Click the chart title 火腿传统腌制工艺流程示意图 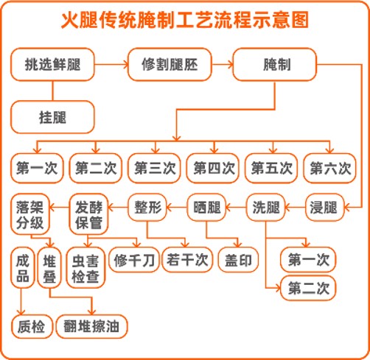[x=185, y=20]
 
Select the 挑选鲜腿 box [x=52, y=65]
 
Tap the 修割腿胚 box [x=170, y=65]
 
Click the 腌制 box [x=274, y=65]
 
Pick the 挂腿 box [x=52, y=117]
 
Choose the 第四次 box [x=213, y=168]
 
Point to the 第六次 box [x=329, y=168]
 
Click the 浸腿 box [x=324, y=208]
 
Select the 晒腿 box [x=206, y=208]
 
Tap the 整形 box [x=147, y=208]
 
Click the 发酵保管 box [x=88, y=214]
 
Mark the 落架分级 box [x=30, y=214]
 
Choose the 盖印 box [x=238, y=260]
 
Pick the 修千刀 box [x=134, y=260]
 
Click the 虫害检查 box [x=85, y=267]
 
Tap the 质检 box [x=32, y=326]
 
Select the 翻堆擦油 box [x=91, y=326]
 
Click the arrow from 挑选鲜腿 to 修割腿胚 [x=111, y=65]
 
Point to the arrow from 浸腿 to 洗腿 [x=295, y=208]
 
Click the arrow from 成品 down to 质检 [x=21, y=302]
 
